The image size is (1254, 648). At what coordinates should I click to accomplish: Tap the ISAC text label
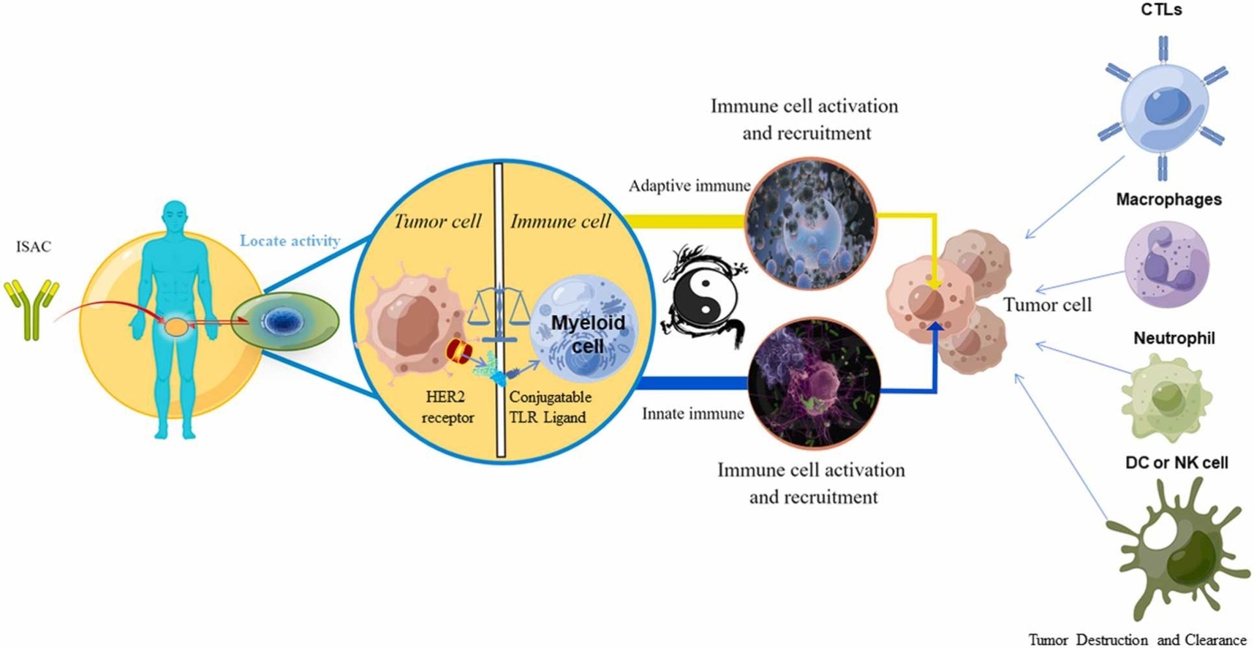tap(34, 246)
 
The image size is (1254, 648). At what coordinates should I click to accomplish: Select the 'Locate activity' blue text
tap(290, 241)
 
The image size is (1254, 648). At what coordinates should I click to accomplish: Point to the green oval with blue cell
tap(285, 321)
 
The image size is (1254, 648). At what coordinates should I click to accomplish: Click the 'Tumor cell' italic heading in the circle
tap(437, 221)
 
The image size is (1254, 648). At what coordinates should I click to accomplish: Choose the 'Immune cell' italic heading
tap(560, 221)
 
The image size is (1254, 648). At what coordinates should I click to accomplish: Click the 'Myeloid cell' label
tap(588, 334)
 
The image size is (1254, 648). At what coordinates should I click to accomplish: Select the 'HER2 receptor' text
tap(447, 407)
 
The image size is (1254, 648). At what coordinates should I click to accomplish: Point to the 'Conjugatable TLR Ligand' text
tap(550, 407)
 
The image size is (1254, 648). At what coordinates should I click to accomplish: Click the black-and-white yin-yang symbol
tap(703, 296)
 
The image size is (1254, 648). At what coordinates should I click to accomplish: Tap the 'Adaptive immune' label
tap(690, 186)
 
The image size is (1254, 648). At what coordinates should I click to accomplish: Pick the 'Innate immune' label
tap(692, 414)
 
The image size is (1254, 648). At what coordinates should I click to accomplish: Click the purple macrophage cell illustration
tap(1166, 264)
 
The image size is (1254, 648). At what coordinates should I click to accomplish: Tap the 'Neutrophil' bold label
tap(1174, 338)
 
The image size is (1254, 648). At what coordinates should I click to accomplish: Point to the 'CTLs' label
tap(1161, 10)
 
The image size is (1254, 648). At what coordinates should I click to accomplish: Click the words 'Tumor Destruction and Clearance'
tap(1137, 640)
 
